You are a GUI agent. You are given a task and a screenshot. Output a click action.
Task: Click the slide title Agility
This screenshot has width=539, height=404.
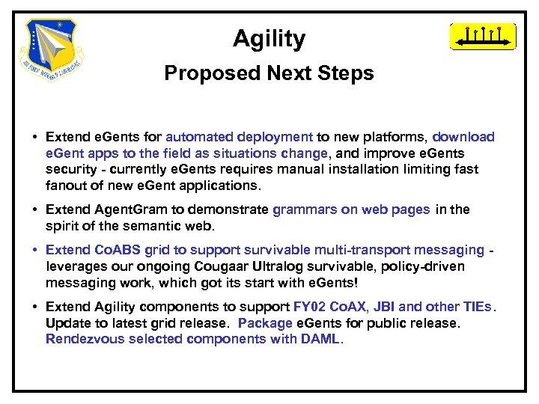click(x=269, y=39)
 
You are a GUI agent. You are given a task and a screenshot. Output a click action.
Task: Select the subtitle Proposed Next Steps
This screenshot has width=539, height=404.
click(x=269, y=73)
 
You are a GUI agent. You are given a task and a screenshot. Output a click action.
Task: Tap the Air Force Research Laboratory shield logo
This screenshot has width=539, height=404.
click(x=52, y=46)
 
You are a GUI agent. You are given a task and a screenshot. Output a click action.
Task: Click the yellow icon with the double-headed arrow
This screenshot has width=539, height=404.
click(x=482, y=36)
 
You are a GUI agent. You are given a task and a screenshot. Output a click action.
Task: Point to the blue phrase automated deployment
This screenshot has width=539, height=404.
click(x=239, y=137)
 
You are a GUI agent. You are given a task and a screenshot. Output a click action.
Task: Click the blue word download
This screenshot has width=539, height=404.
click(x=463, y=137)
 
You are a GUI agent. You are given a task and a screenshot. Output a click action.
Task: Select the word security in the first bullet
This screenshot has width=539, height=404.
click(x=70, y=169)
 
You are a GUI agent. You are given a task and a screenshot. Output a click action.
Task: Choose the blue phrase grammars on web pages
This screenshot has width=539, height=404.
click(x=351, y=209)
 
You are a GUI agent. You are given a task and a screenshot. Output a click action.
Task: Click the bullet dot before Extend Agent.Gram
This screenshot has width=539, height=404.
click(x=35, y=210)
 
